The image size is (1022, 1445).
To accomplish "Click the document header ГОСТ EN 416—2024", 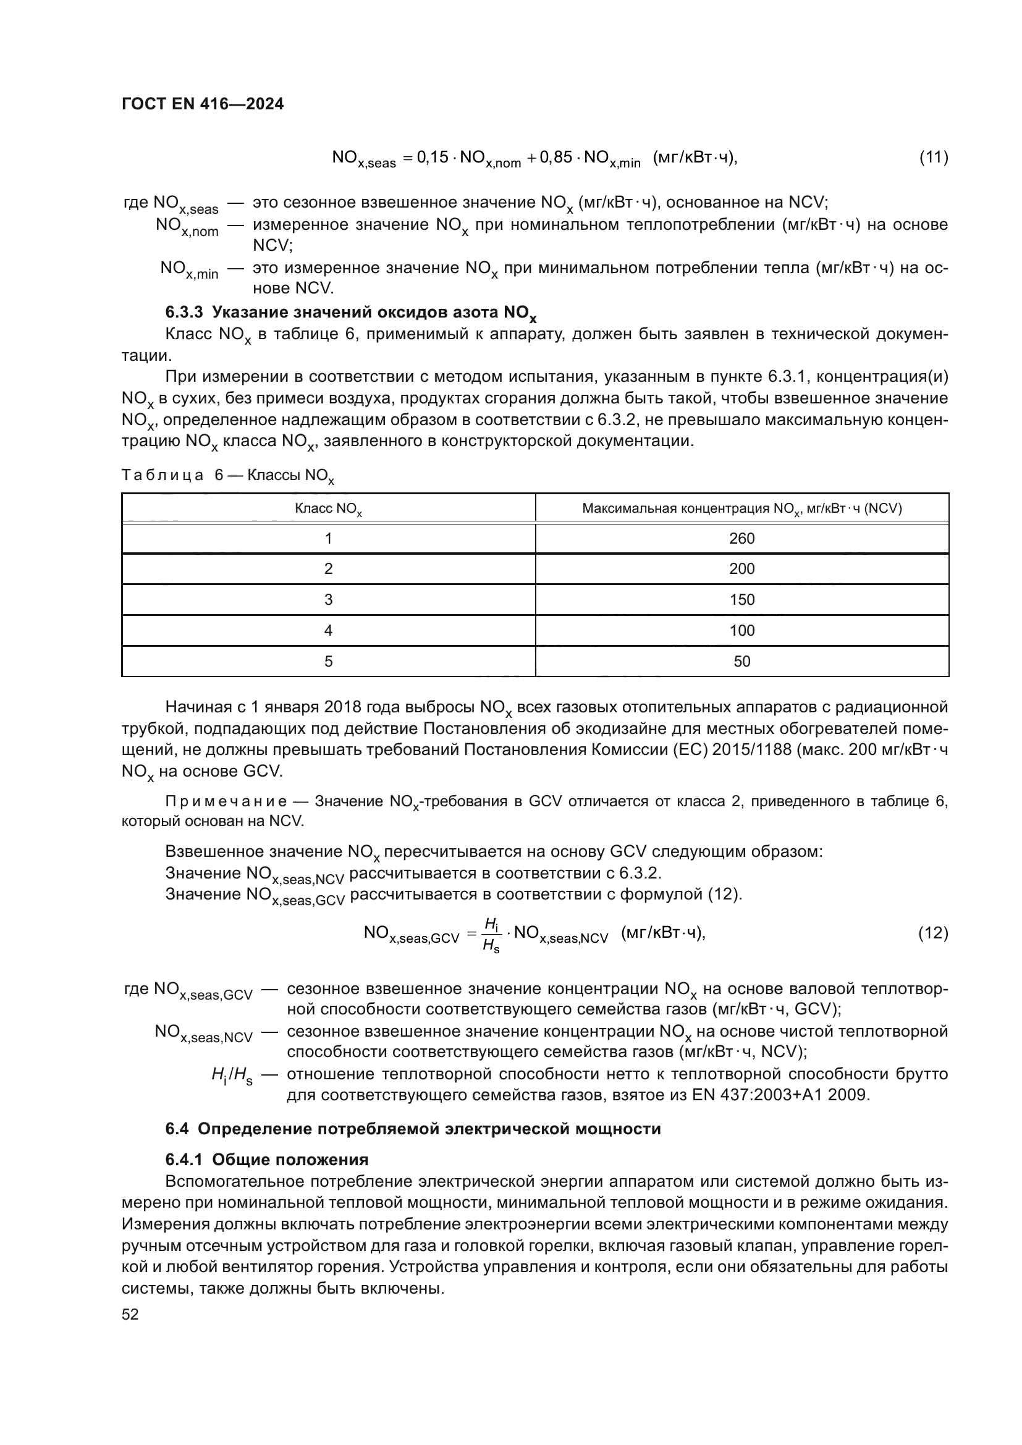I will pos(203,104).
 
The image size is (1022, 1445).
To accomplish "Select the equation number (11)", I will pos(933,157).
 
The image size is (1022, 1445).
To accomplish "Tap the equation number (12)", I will pos(933,933).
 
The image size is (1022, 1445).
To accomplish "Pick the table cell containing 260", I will pos(741,539).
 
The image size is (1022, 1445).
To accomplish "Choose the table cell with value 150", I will pos(741,600).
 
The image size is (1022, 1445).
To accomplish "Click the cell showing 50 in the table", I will pos(741,662).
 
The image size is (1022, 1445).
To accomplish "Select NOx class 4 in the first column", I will pos(328,631).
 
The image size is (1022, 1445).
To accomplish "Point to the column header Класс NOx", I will pos(328,508).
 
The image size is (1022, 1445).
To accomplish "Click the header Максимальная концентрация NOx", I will pos(741,508).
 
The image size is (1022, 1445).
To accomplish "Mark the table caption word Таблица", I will pos(163,475).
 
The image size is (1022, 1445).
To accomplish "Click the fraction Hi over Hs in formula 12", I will pos(491,935).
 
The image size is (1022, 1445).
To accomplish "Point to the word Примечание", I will pos(226,801).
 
